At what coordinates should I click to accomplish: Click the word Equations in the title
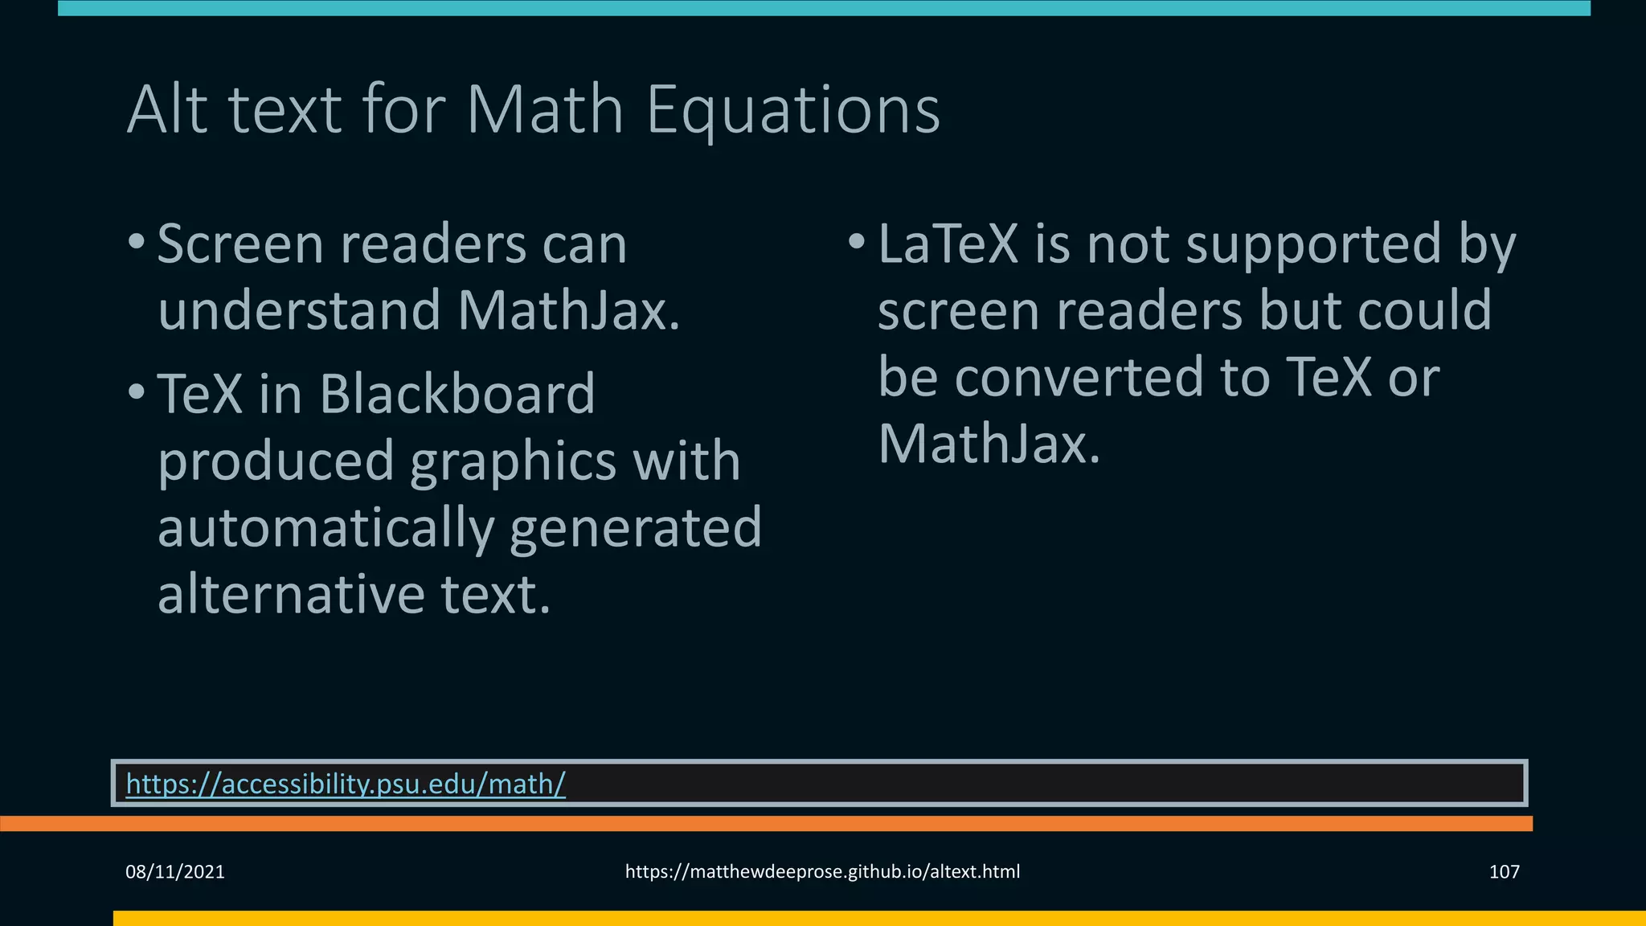coord(792,110)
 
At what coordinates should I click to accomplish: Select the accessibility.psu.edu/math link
coord(346,783)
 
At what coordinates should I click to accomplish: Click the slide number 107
coord(1504,871)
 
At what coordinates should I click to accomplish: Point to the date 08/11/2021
coord(175,871)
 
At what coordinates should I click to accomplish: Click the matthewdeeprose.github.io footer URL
coord(822,871)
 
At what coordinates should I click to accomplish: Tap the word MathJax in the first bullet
coord(568,310)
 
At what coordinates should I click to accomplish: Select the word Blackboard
coord(457,394)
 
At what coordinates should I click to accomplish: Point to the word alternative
coord(291,594)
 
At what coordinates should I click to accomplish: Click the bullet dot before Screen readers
coord(137,242)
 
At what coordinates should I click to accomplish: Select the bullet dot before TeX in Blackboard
coord(137,392)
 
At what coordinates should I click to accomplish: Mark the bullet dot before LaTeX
coord(857,241)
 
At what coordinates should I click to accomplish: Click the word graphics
coord(513,462)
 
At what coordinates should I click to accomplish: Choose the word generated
coord(635,528)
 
